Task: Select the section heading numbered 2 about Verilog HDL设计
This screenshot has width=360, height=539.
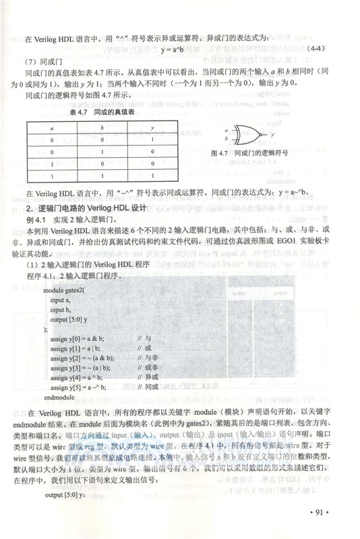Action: pyautogui.click(x=91, y=206)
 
